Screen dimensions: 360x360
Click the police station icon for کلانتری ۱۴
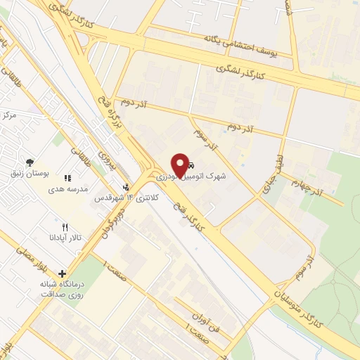(125, 187)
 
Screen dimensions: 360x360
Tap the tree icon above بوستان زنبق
(29, 162)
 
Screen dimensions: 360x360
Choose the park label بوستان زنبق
(30, 173)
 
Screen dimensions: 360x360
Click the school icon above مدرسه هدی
(67, 179)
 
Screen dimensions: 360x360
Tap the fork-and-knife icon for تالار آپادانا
(65, 227)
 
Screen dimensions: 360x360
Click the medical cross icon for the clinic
(63, 274)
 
